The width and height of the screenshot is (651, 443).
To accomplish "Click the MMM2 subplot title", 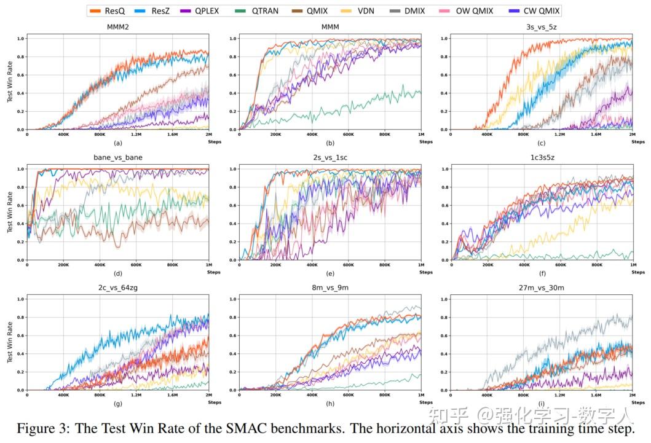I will point(118,28).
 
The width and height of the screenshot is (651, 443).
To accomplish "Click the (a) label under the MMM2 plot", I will point(118,143).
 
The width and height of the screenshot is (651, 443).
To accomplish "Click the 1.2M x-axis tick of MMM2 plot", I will point(136,135).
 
